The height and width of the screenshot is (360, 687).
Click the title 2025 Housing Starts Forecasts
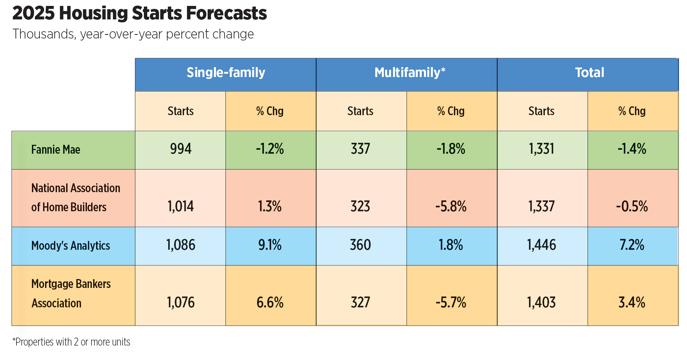click(x=139, y=14)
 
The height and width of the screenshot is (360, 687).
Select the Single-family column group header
click(x=225, y=73)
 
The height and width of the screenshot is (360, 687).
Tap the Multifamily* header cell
click(x=410, y=73)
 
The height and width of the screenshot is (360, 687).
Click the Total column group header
click(x=589, y=73)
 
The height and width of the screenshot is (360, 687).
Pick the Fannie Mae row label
click(x=56, y=150)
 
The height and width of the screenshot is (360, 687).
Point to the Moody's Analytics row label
click(x=70, y=246)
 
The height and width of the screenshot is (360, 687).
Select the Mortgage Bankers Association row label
click(x=71, y=294)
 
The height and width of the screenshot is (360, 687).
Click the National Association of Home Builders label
click(x=75, y=198)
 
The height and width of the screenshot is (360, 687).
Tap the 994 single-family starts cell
click(x=180, y=149)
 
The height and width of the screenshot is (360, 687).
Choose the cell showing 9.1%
click(x=270, y=245)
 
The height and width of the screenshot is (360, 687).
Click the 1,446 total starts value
click(x=542, y=245)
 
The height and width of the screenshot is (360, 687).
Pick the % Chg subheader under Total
click(x=632, y=111)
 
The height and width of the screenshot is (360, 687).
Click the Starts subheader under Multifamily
click(x=360, y=111)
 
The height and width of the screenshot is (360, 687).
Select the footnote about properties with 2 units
click(x=71, y=342)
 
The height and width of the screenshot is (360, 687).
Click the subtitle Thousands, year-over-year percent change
click(x=133, y=34)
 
